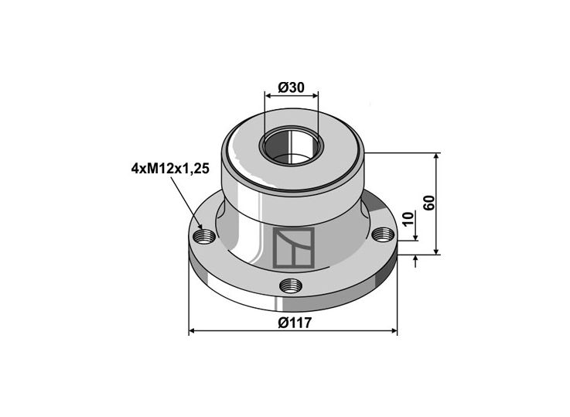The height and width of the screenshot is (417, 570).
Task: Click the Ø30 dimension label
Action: click(291, 87)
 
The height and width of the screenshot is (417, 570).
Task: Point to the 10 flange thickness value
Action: click(407, 231)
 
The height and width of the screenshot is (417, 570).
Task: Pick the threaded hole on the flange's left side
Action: click(204, 236)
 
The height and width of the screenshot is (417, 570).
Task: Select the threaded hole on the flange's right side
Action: click(379, 234)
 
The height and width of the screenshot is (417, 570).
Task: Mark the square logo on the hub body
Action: click(293, 248)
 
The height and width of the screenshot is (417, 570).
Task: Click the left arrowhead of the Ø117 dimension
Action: click(193, 331)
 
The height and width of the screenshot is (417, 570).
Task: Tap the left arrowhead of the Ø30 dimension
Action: click(268, 96)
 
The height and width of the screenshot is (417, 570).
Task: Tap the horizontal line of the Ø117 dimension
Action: click(247, 331)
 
